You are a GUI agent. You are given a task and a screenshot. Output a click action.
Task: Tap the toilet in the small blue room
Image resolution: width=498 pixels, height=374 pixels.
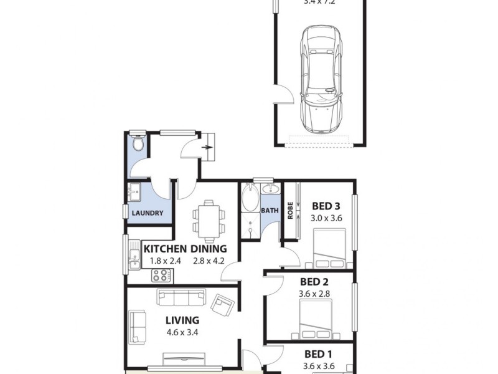pyautogui.click(x=139, y=145)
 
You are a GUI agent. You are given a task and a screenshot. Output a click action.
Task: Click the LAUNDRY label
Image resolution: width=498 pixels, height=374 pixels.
pyautogui.click(x=148, y=213)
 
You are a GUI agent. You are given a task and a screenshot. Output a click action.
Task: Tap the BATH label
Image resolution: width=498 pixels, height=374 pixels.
pyautogui.click(x=270, y=211)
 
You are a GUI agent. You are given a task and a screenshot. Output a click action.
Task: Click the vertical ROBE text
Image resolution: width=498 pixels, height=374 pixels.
pyautogui.click(x=290, y=209)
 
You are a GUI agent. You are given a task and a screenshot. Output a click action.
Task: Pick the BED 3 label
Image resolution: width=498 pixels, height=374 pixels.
pyautogui.click(x=326, y=206)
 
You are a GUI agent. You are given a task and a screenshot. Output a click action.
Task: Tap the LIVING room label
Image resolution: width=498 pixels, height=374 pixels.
pyautogui.click(x=182, y=320)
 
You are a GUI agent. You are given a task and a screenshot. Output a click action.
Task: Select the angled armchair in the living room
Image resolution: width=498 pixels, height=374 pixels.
pyautogui.click(x=222, y=305)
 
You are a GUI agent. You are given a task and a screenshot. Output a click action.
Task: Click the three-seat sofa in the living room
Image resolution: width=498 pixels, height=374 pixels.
pyautogui.click(x=182, y=298)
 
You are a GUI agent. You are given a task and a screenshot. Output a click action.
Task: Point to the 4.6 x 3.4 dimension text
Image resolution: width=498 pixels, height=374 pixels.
pyautogui.click(x=182, y=332)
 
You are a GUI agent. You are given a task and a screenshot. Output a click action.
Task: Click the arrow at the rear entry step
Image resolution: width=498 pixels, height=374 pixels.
pyautogui.click(x=208, y=148)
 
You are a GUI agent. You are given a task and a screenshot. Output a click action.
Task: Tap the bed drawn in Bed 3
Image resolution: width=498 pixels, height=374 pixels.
pyautogui.click(x=329, y=247)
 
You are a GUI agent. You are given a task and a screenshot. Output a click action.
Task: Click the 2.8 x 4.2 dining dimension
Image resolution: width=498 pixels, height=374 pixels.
pyautogui.click(x=209, y=261)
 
